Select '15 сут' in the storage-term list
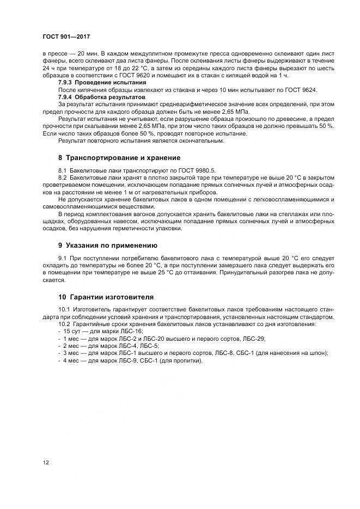72,332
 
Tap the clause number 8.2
62,178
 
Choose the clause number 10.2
63,324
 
